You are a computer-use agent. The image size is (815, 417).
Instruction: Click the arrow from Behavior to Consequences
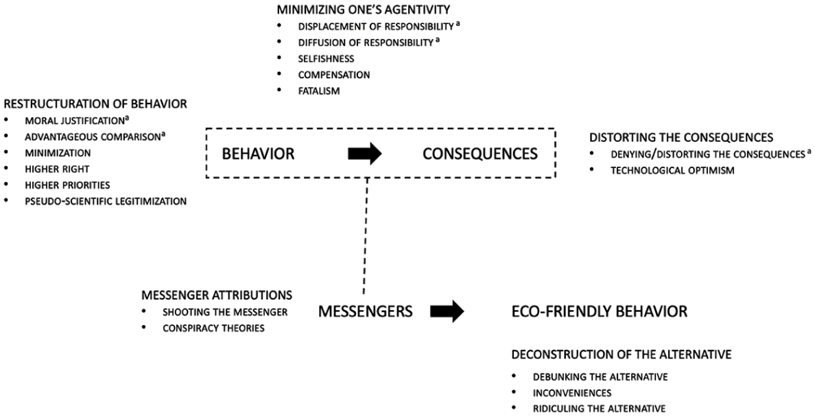(x=365, y=154)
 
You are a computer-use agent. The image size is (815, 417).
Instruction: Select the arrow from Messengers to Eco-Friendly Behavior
(x=447, y=311)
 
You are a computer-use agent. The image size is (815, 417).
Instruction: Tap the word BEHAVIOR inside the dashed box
(x=259, y=154)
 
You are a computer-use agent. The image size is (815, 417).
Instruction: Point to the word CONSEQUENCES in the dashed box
(x=480, y=154)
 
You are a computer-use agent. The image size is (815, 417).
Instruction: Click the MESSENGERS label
(x=366, y=311)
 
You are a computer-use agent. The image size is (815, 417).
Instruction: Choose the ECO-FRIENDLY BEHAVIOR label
(x=600, y=311)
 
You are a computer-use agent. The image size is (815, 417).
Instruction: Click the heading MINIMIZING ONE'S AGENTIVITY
(x=364, y=10)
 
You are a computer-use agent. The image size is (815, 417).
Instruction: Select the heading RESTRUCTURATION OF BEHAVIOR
(x=95, y=104)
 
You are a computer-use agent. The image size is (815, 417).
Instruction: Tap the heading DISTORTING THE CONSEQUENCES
(x=681, y=138)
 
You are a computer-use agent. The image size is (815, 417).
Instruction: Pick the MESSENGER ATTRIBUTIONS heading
(x=217, y=296)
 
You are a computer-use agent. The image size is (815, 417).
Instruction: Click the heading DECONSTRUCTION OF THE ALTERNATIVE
(x=622, y=355)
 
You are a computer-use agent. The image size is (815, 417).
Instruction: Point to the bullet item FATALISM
(x=318, y=91)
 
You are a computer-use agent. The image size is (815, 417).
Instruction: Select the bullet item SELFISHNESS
(x=326, y=58)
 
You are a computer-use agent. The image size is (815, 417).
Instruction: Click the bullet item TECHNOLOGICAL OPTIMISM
(x=672, y=171)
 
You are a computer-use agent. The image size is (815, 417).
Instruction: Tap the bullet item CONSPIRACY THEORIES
(x=213, y=329)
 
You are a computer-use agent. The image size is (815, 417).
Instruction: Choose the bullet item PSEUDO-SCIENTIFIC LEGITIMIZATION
(x=106, y=201)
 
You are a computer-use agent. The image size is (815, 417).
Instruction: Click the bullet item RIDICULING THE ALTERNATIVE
(x=600, y=409)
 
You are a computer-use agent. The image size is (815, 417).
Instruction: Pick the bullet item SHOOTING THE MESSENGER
(x=225, y=313)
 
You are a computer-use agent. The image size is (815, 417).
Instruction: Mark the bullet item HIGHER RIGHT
(x=57, y=169)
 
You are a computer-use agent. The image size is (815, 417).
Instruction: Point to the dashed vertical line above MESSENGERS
(x=366, y=237)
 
